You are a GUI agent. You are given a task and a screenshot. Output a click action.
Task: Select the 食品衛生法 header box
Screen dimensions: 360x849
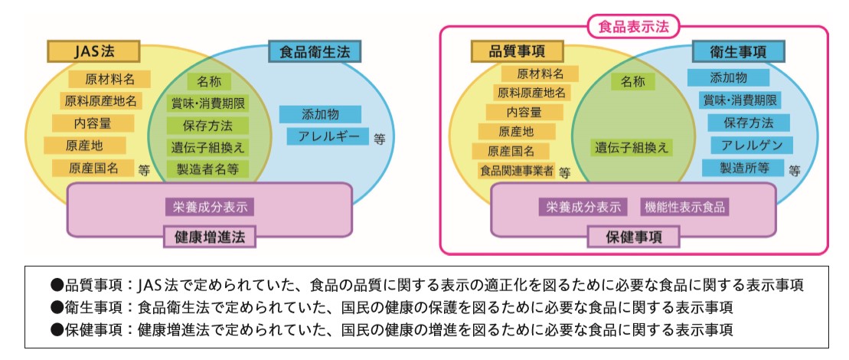(x=315, y=52)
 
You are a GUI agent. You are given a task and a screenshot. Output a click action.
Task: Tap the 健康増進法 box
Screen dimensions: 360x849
(x=209, y=236)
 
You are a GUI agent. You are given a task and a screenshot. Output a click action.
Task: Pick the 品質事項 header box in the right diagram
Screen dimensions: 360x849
(x=516, y=51)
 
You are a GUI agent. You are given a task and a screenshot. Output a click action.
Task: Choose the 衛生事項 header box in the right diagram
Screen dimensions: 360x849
(x=740, y=51)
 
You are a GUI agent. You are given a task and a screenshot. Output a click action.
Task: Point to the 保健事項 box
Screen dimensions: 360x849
(x=633, y=237)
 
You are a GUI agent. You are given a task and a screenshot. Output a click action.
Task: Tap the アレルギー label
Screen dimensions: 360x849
(x=328, y=137)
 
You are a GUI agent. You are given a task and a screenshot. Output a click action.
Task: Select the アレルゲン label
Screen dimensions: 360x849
(x=751, y=145)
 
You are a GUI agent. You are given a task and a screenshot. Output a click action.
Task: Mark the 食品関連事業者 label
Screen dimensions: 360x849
(x=516, y=170)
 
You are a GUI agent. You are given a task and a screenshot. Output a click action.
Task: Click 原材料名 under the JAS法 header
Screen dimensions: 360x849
(x=109, y=79)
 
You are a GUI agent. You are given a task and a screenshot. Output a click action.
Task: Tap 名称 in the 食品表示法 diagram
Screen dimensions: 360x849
(x=633, y=80)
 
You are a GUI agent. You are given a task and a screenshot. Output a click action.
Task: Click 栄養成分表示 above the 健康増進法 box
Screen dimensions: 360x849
(x=209, y=206)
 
